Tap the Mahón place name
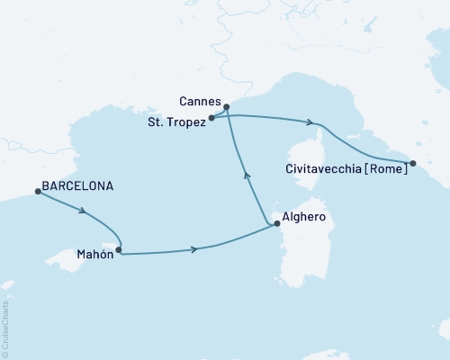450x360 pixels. click(x=94, y=256)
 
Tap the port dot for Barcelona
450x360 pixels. click(x=37, y=191)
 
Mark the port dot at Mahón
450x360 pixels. click(x=119, y=251)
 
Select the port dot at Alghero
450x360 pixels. click(x=276, y=222)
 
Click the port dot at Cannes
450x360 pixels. click(x=227, y=108)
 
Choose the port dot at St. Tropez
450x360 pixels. click(x=211, y=118)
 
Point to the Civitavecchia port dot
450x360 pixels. click(x=413, y=163)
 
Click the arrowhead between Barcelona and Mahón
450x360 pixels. click(x=84, y=212)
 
